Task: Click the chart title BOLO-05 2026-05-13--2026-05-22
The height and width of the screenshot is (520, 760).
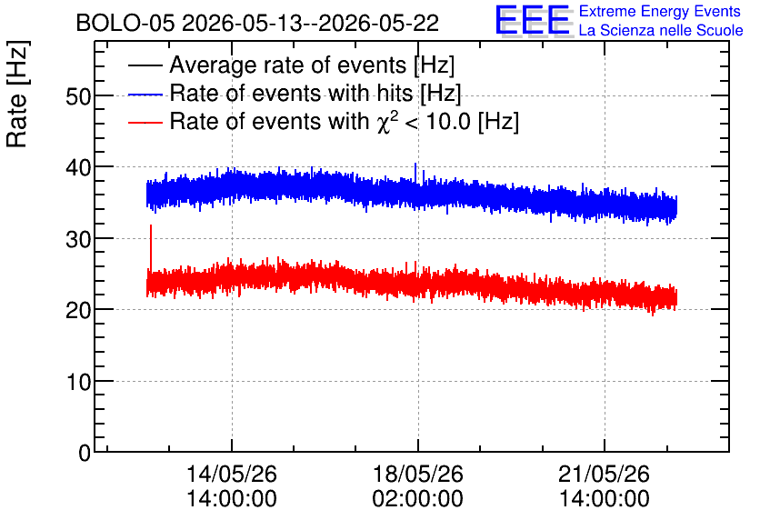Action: tap(257, 24)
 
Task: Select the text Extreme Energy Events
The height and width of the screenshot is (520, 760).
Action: tap(660, 11)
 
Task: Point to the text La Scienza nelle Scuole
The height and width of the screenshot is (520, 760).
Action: tap(661, 30)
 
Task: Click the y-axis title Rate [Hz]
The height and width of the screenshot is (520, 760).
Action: tap(17, 94)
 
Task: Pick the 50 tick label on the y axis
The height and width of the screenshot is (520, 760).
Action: tap(78, 97)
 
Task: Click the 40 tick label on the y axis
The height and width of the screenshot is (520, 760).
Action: tap(78, 168)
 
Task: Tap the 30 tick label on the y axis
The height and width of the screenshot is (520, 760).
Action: tap(78, 239)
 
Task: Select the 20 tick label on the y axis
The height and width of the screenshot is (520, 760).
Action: tap(78, 311)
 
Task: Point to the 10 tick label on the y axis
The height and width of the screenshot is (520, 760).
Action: tap(78, 383)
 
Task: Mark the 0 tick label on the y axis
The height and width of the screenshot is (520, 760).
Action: tap(85, 453)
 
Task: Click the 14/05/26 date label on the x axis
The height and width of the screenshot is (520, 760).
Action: tap(232, 474)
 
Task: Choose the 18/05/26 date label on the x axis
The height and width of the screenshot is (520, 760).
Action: tap(418, 474)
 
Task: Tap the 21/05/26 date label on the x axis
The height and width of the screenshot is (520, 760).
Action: tap(604, 474)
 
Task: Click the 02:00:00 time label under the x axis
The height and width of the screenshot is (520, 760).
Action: tap(418, 498)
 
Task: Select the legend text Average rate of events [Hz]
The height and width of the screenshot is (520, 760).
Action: tap(312, 65)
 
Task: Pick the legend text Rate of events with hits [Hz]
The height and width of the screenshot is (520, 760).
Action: tap(315, 93)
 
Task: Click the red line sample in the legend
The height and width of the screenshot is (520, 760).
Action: tap(145, 122)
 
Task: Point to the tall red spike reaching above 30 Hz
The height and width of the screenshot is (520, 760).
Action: tap(151, 247)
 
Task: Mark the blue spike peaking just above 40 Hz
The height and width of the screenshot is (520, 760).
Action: tap(415, 174)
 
